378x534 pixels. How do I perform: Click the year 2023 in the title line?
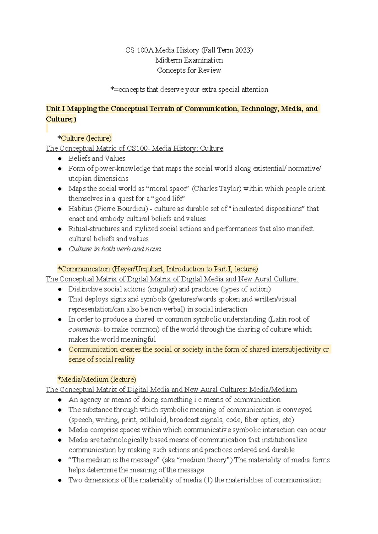point(243,50)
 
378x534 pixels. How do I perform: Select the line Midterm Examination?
point(189,60)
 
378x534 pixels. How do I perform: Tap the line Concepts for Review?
point(189,70)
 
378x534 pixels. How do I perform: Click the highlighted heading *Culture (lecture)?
point(85,138)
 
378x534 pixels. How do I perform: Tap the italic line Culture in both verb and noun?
point(115,249)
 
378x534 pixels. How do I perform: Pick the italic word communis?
point(84,330)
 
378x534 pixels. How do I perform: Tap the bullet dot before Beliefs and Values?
point(60,159)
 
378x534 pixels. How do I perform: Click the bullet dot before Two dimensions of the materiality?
point(60,481)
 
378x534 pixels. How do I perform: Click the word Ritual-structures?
point(94,229)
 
